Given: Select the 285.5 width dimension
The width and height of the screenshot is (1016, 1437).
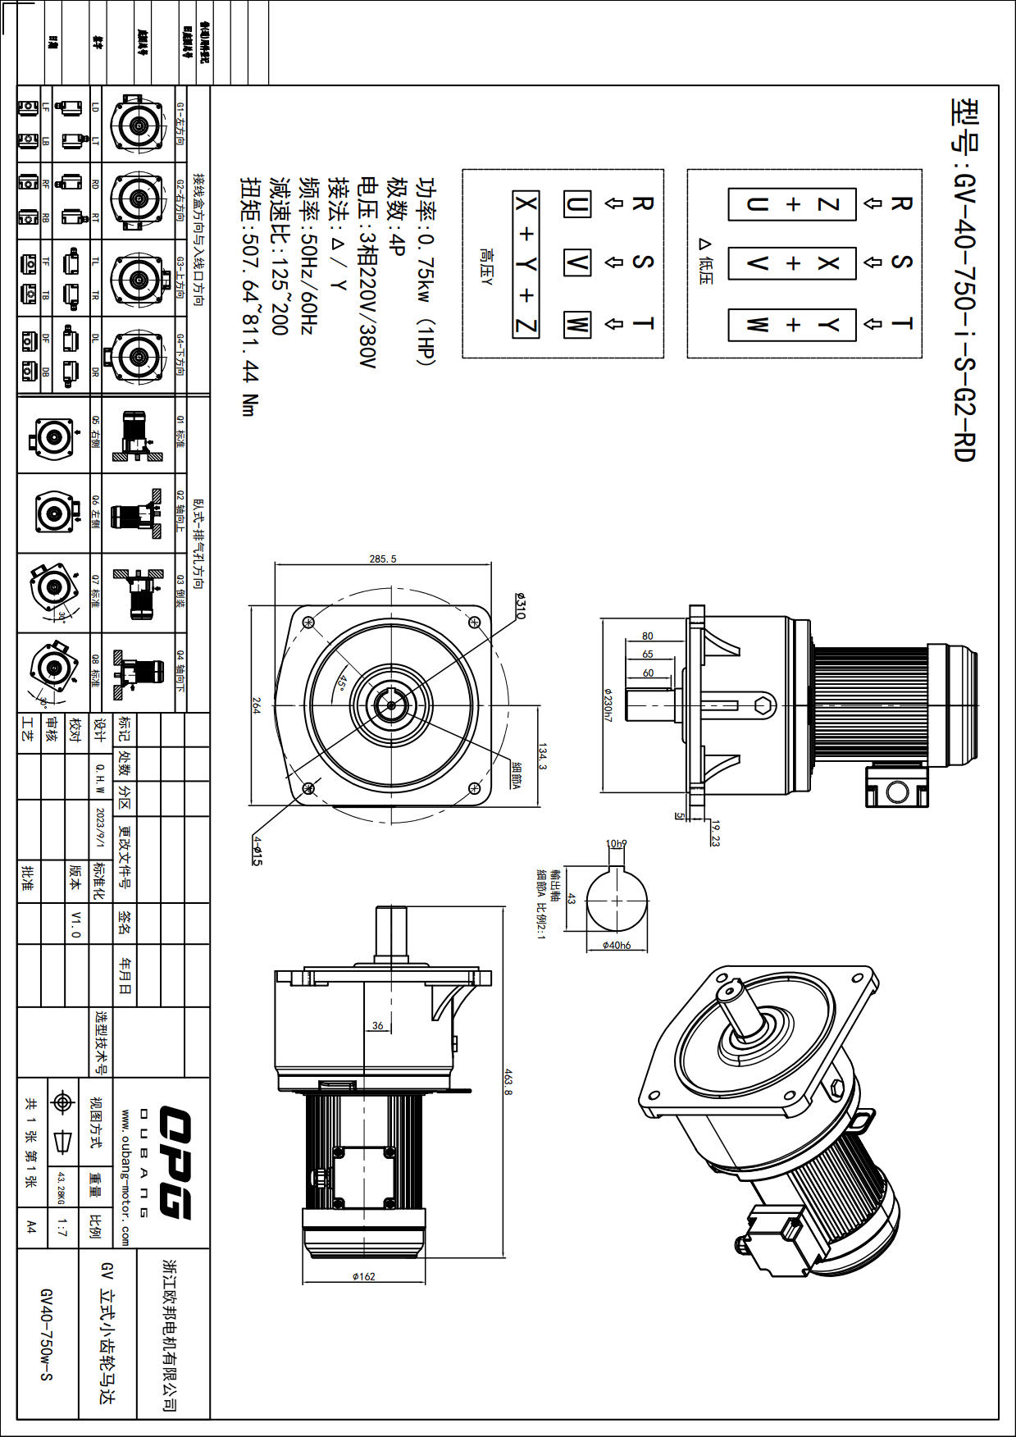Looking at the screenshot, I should pyautogui.click(x=383, y=559).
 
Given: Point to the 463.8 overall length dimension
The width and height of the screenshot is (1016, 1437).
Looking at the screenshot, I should pyautogui.click(x=508, y=1081).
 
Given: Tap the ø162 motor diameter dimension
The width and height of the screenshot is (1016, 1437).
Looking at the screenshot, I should pyautogui.click(x=363, y=1276).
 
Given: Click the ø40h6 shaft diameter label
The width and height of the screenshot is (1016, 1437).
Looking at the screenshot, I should pyautogui.click(x=617, y=945).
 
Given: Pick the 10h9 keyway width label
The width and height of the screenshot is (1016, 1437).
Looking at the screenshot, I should pyautogui.click(x=616, y=843).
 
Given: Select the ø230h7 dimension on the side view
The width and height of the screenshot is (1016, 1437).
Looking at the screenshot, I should pyautogui.click(x=608, y=705).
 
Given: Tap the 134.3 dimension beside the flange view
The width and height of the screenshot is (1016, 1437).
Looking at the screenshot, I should pyautogui.click(x=542, y=755).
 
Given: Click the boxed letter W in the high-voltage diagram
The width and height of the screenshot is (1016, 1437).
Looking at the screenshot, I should pyautogui.click(x=577, y=324).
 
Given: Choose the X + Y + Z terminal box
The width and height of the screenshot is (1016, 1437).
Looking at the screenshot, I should pyautogui.click(x=526, y=264).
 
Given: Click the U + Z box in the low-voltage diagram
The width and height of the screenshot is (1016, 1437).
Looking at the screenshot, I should pyautogui.click(x=792, y=204).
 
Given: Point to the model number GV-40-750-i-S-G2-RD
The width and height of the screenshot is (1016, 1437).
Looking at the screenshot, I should pyautogui.click(x=964, y=279).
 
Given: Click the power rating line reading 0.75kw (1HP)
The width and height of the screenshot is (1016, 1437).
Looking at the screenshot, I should pyautogui.click(x=427, y=271).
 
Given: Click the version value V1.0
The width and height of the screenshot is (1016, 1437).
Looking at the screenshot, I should pyautogui.click(x=76, y=924).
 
